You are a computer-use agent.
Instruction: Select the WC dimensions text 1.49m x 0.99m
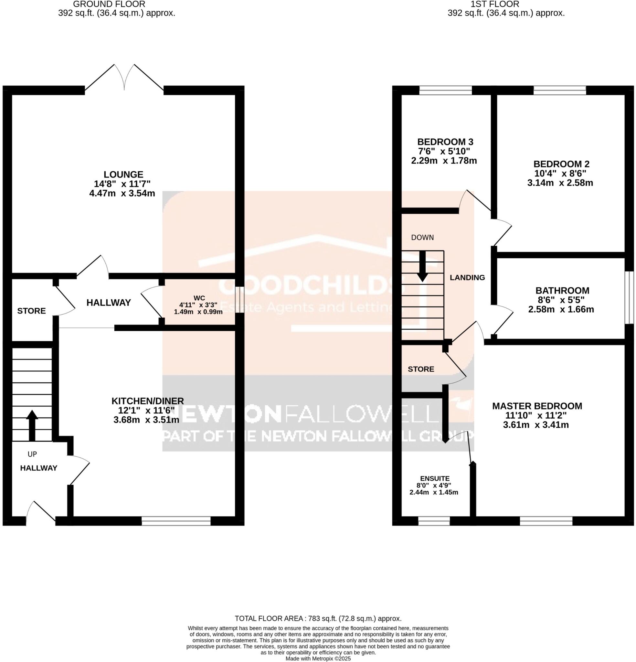[x=198, y=312]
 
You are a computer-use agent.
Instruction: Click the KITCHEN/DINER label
[x=148, y=401]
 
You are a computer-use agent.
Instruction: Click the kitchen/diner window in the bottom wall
[x=176, y=521]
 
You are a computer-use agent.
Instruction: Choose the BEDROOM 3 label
[x=445, y=142]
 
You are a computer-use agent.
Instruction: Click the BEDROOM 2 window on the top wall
[x=560, y=90]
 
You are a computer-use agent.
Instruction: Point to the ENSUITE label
[x=435, y=479]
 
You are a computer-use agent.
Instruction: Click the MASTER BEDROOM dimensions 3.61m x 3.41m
[x=536, y=425]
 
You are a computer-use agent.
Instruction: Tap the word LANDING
[x=467, y=278]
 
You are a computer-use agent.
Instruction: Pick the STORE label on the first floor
[x=421, y=369]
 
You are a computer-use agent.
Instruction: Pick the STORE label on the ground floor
[x=31, y=311]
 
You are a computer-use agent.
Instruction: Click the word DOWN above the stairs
[x=422, y=238]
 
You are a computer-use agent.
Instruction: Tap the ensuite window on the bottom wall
[x=434, y=521]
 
